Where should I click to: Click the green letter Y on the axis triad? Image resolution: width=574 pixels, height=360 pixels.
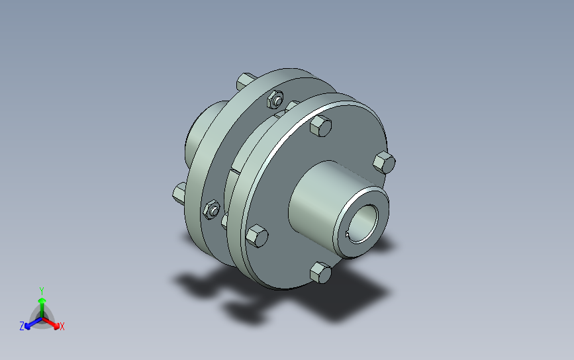pyautogui.click(x=42, y=291)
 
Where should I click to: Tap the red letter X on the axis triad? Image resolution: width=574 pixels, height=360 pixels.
pyautogui.click(x=62, y=326)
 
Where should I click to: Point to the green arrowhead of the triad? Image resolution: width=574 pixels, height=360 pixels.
pyautogui.click(x=42, y=301)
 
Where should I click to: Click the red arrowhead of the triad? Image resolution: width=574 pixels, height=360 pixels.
pyautogui.click(x=56, y=326)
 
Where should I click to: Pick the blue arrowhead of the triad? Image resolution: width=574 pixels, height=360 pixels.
pyautogui.click(x=28, y=326)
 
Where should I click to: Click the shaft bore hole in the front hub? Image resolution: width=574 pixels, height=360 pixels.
pyautogui.click(x=363, y=223)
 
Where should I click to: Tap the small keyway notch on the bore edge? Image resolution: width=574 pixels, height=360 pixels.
pyautogui.click(x=348, y=234)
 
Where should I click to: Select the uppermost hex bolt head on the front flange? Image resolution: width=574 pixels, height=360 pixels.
pyautogui.click(x=320, y=126)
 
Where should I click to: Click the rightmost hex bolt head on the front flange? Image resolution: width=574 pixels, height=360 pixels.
pyautogui.click(x=384, y=162)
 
